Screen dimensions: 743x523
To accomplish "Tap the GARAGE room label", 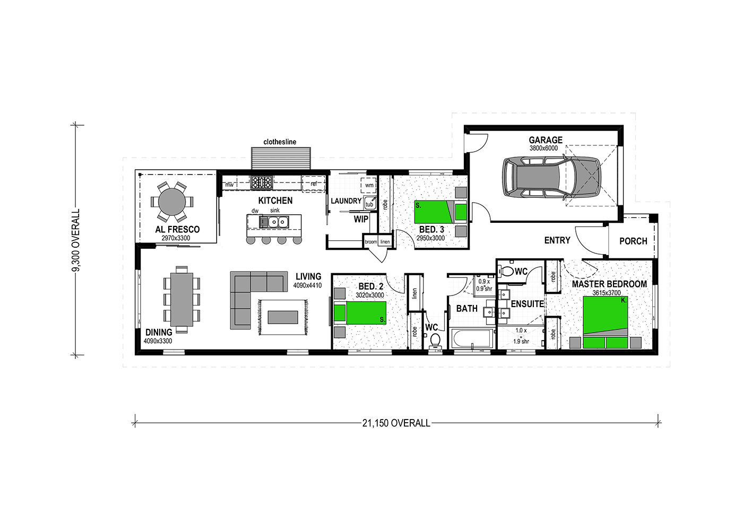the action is tap(546, 140).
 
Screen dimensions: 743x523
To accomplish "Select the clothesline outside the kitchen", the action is tap(281, 159).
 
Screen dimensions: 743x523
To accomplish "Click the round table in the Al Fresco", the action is tap(172, 202).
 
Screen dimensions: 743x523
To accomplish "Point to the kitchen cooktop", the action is tap(261, 182).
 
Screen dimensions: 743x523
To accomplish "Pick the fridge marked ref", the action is tap(313, 184).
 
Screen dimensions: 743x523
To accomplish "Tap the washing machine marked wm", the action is tap(369, 185).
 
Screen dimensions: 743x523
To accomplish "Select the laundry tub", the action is tap(370, 203).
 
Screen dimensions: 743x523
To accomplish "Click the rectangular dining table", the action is tap(182, 299).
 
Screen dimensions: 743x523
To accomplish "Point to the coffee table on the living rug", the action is tap(282, 317).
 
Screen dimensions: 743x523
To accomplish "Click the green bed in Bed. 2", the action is tap(360, 312).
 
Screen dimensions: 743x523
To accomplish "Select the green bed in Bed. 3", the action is tap(440, 212).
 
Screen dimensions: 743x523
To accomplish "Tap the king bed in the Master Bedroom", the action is tap(606, 322).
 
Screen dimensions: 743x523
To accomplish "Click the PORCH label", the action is tap(633, 241).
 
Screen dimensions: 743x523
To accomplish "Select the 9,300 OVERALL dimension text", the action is tap(76, 240).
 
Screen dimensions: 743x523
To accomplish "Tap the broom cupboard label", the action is tap(371, 242).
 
